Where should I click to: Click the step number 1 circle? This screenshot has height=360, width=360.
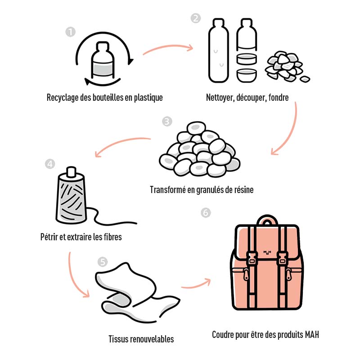(x=70, y=32)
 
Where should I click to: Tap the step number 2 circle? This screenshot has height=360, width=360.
(x=195, y=18)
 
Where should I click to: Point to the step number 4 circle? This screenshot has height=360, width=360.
(x=50, y=164)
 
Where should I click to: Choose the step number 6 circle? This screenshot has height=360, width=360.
(x=206, y=212)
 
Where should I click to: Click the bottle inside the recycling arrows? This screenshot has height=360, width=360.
(x=103, y=62)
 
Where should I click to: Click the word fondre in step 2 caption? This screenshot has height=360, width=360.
(x=277, y=98)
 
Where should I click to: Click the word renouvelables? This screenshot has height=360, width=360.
(x=151, y=339)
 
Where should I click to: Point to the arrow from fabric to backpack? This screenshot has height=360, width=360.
(x=196, y=283)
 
